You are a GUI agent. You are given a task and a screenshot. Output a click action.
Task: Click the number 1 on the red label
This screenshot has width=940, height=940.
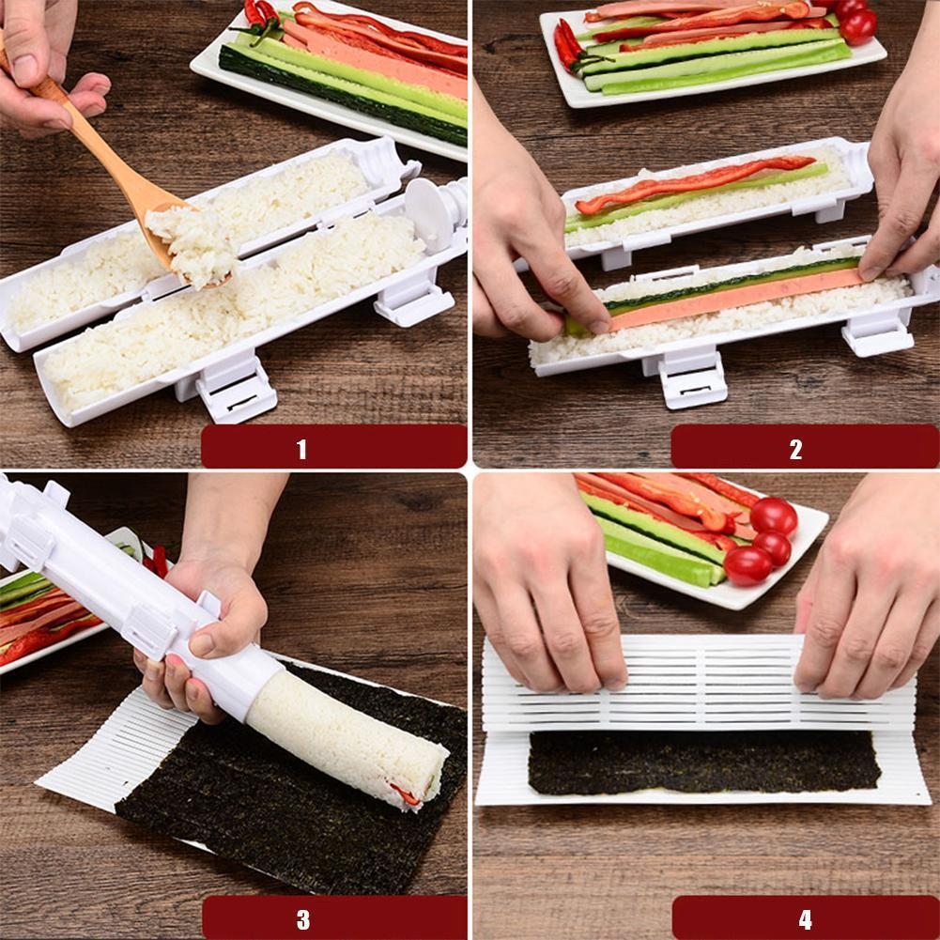click(x=300, y=449)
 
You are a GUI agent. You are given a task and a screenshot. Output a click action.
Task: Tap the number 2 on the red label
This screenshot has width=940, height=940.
click(x=795, y=449)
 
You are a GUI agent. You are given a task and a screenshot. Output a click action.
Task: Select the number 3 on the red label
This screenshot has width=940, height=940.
click(x=303, y=919)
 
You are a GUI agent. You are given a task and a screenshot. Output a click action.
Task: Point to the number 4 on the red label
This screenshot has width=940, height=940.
click(x=805, y=919)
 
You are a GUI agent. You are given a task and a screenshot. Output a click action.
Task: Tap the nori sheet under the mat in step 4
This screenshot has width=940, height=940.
click(x=704, y=763)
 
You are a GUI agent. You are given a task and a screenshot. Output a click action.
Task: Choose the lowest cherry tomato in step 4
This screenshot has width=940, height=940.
click(x=747, y=565)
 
